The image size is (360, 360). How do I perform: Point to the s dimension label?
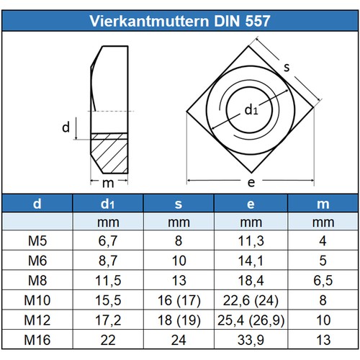pos(286,68)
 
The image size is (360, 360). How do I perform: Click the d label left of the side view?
pos(65,128)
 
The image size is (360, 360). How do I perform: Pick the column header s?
pos(180,204)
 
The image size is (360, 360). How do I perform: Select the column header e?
pos(251,204)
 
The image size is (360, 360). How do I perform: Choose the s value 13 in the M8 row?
pos(180,278)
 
